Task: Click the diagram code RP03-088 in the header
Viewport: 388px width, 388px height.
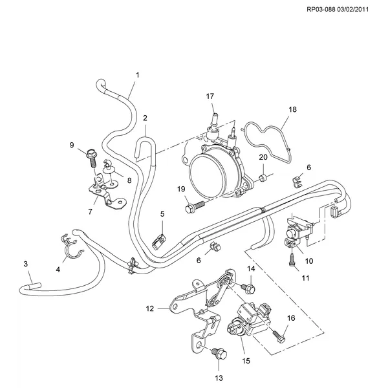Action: pyautogui.click(x=321, y=10)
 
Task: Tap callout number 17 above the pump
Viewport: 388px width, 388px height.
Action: pyautogui.click(x=210, y=96)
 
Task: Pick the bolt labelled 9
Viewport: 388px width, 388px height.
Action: pyautogui.click(x=91, y=156)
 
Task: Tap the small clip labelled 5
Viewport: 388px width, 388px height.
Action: pyautogui.click(x=159, y=241)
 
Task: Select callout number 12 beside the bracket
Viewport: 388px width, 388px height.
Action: pyautogui.click(x=150, y=308)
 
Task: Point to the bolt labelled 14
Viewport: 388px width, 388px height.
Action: pyautogui.click(x=248, y=288)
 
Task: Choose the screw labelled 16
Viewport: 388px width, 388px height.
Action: pyautogui.click(x=279, y=336)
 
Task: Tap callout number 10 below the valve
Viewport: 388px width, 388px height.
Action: pyautogui.click(x=309, y=261)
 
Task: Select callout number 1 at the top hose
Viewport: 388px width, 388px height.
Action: pyautogui.click(x=138, y=75)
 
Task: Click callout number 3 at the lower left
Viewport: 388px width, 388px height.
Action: pyautogui.click(x=26, y=264)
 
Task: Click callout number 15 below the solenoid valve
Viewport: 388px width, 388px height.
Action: pyautogui.click(x=246, y=361)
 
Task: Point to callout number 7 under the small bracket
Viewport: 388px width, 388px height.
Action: pyautogui.click(x=90, y=211)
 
